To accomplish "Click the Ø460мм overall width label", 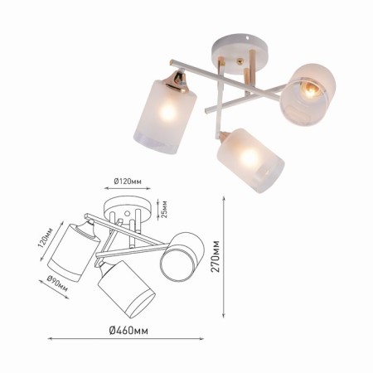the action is point(128,330).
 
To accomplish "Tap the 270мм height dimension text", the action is point(216,256).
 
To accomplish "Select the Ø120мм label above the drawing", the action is point(128,182).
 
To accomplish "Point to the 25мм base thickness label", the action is point(164,209).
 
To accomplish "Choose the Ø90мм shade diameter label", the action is point(57,283).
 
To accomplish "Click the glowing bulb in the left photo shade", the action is point(167,112).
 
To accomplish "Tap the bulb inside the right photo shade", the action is point(310,90).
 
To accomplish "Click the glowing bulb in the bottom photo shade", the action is point(249,158).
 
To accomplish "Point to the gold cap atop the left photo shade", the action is point(176,80).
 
